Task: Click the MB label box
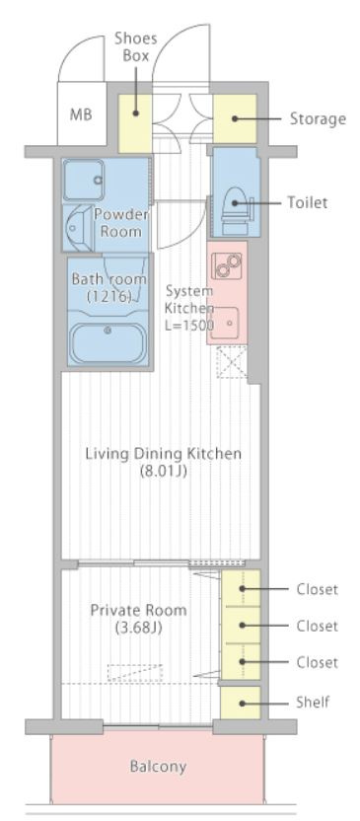pyautogui.click(x=82, y=113)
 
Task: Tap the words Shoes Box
pyautogui.click(x=135, y=46)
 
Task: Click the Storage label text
pyautogui.click(x=319, y=119)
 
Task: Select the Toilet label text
pyautogui.click(x=308, y=202)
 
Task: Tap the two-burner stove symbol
pyautogui.click(x=227, y=266)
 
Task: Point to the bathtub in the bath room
pyautogui.click(x=108, y=342)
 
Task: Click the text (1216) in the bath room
pyautogui.click(x=108, y=296)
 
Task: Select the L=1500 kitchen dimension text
pyautogui.click(x=190, y=325)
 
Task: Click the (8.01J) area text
pyautogui.click(x=164, y=472)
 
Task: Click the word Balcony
pyautogui.click(x=158, y=767)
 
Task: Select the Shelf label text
pyautogui.click(x=313, y=702)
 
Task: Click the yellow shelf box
pyautogui.click(x=241, y=703)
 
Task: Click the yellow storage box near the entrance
pyautogui.click(x=235, y=118)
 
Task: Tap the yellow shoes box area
pyautogui.click(x=135, y=123)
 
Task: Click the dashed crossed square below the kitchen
pyautogui.click(x=232, y=361)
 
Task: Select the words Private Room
pyautogui.click(x=139, y=611)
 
